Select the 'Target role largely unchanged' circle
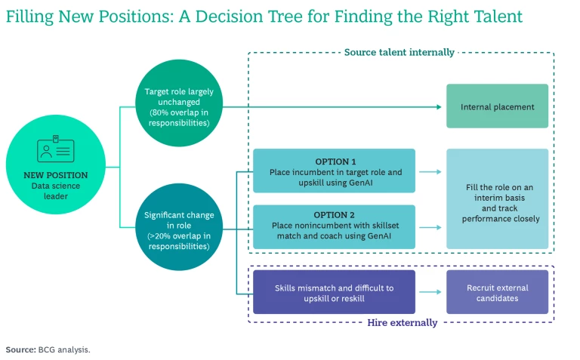point(179,106)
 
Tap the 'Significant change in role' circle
point(179,229)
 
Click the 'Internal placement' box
point(497,106)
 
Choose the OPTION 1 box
point(334,171)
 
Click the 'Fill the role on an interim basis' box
point(497,199)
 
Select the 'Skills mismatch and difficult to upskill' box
point(334,292)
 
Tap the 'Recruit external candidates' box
point(497,292)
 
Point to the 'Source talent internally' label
point(399,52)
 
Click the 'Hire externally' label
point(402,322)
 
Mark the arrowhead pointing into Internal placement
point(438,106)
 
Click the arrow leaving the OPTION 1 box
point(430,172)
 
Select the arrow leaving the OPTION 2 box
point(430,226)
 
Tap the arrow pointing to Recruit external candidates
point(430,292)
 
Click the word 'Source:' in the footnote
point(20,349)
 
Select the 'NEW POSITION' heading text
point(57,175)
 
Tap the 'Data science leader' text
point(57,191)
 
